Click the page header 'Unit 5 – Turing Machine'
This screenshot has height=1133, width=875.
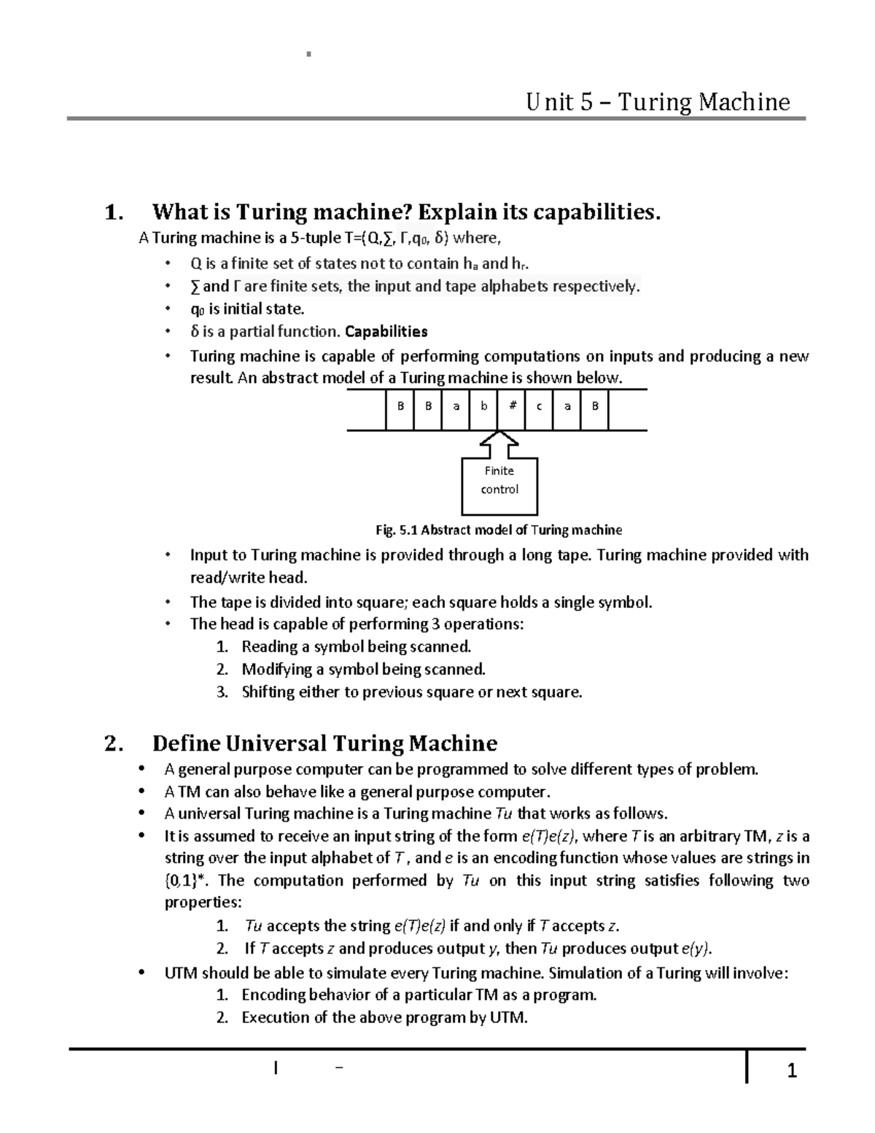pos(658,101)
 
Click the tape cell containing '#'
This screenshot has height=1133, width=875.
pos(512,406)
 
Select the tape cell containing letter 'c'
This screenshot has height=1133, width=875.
pos(539,406)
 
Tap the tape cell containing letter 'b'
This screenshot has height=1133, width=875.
pos(483,406)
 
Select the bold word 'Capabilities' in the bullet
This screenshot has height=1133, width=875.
pos(386,332)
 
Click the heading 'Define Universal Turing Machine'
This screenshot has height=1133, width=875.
pos(324,743)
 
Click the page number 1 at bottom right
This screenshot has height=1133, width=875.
pos(792,1071)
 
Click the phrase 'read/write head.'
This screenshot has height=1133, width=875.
pos(249,578)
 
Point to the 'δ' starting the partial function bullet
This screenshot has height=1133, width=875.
pos(195,332)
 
